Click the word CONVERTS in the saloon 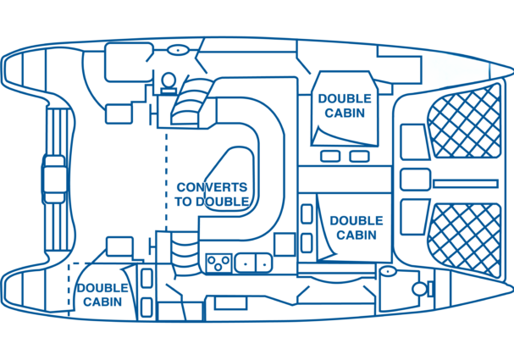coord(212,187)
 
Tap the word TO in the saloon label coord(185,202)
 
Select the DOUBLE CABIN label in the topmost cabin coord(344,105)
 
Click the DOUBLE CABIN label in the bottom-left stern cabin coord(102,294)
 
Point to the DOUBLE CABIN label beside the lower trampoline coord(356,227)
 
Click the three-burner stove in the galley coord(218,263)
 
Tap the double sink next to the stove coord(253,263)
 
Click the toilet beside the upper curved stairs coord(168,82)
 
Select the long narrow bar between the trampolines coord(464,183)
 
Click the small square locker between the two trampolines coord(414,180)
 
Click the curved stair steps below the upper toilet coord(186,105)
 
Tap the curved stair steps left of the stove coord(181,252)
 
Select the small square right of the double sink coord(285,245)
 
